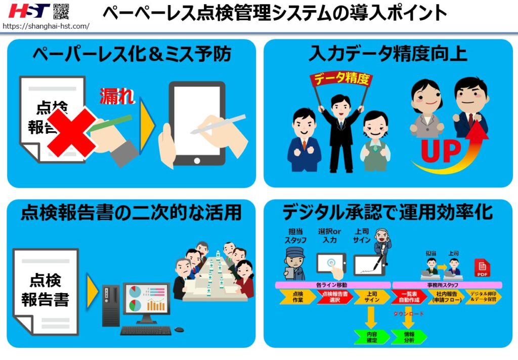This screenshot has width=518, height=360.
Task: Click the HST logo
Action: tap(29, 11)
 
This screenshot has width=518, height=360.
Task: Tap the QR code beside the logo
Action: tap(61, 11)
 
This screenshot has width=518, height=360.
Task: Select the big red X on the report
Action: tap(71, 131)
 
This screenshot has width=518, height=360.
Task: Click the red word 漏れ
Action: tap(117, 95)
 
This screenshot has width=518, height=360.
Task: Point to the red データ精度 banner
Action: tap(340, 79)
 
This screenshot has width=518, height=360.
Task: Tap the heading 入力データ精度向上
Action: tap(388, 54)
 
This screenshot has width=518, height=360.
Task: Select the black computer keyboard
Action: tap(146, 331)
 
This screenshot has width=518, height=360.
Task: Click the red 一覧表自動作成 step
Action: tap(409, 297)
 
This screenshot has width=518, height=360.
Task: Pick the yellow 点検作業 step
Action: tap(297, 297)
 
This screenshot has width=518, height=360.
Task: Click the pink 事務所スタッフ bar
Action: tap(447, 285)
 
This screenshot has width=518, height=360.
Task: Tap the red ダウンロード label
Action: tap(409, 314)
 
